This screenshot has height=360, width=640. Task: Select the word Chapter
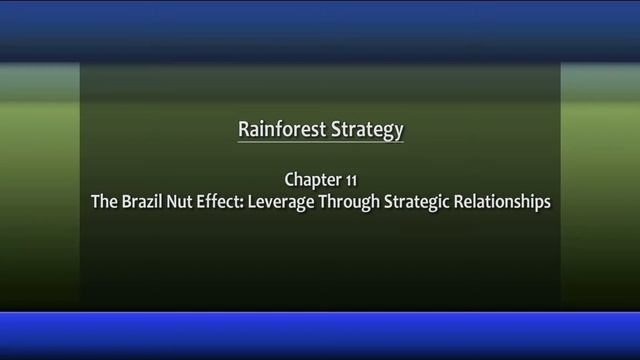pos(313,180)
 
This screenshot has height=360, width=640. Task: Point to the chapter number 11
pos(350,180)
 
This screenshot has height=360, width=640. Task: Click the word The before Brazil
pos(104,201)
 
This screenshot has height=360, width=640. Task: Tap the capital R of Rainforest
pos(243,129)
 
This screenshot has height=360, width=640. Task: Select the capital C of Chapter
pos(290,180)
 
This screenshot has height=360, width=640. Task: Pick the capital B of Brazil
pos(125,201)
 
